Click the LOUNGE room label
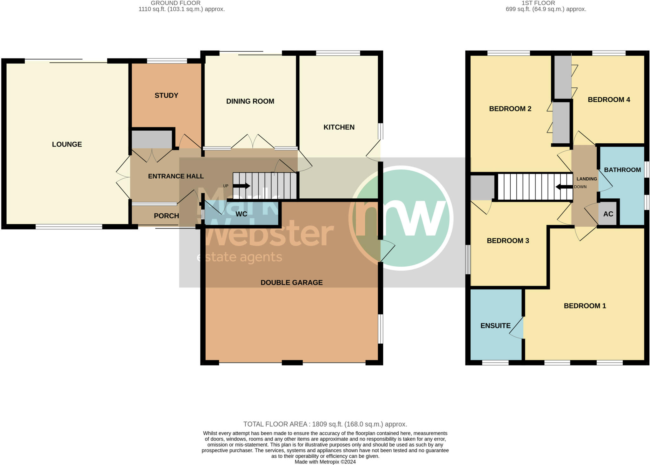coord(67,144)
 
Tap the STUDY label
coord(166,95)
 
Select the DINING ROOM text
coord(250,101)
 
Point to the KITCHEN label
coord(339,127)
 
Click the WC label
coord(241,214)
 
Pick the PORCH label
coord(166,216)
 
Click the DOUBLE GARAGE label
coord(291,283)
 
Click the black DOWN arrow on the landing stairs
coord(564,187)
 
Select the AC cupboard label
coord(608,214)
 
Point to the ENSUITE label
coord(495,326)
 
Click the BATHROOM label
coord(622,170)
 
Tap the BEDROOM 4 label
coord(609,100)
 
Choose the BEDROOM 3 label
coord(508,241)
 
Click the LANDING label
coord(587,179)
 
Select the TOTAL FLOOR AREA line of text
coord(325,424)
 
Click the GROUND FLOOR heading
coord(176,3)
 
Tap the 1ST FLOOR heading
coord(546,3)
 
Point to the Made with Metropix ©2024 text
coord(325,462)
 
